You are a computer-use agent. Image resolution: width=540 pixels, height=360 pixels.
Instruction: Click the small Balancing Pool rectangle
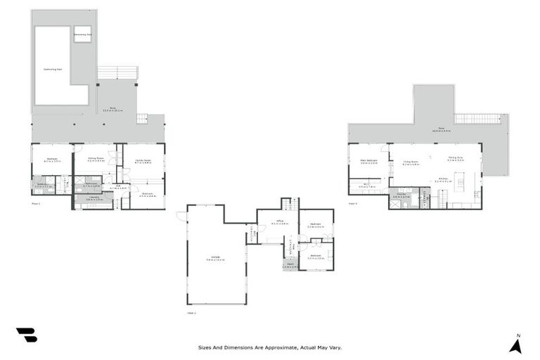coord(82,33)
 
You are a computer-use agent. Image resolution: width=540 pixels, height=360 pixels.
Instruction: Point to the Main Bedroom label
coord(369,162)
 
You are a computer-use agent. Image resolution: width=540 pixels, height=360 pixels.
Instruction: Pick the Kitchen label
coord(444,179)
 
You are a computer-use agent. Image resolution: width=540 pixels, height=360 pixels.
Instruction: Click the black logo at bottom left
coord(26,335)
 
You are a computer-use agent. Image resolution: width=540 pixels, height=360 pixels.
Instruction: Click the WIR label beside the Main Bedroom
coord(366,186)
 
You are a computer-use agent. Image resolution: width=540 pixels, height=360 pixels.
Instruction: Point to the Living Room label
coord(411,162)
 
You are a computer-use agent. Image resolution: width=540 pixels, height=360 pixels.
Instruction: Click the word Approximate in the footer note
coord(279,347)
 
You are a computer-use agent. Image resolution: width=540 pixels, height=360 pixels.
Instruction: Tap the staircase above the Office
coord(287,204)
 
